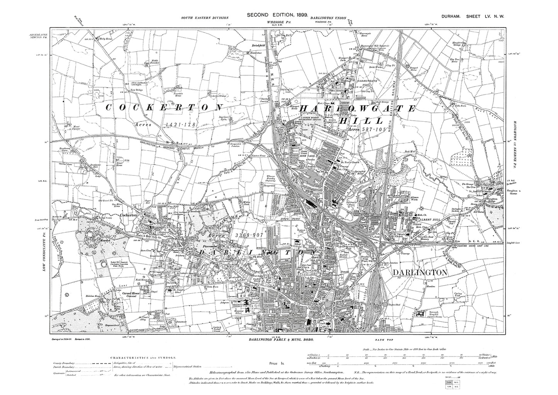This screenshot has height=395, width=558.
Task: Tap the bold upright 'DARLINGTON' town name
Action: click(x=420, y=272)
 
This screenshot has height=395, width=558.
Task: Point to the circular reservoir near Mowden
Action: click(x=104, y=265)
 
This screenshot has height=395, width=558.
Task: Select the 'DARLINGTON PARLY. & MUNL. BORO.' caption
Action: click(x=280, y=339)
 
